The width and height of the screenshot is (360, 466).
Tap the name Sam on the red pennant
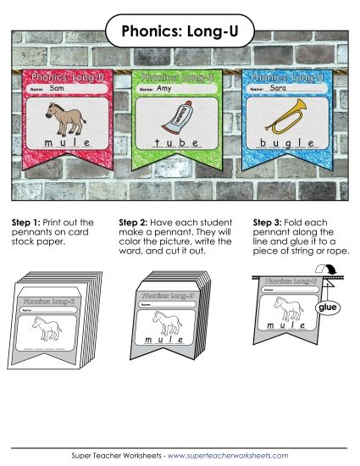58,87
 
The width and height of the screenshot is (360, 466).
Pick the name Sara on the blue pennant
277,87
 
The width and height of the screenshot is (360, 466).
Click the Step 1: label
26,222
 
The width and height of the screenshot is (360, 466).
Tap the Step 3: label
269,222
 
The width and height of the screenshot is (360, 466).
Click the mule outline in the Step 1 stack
49,328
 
